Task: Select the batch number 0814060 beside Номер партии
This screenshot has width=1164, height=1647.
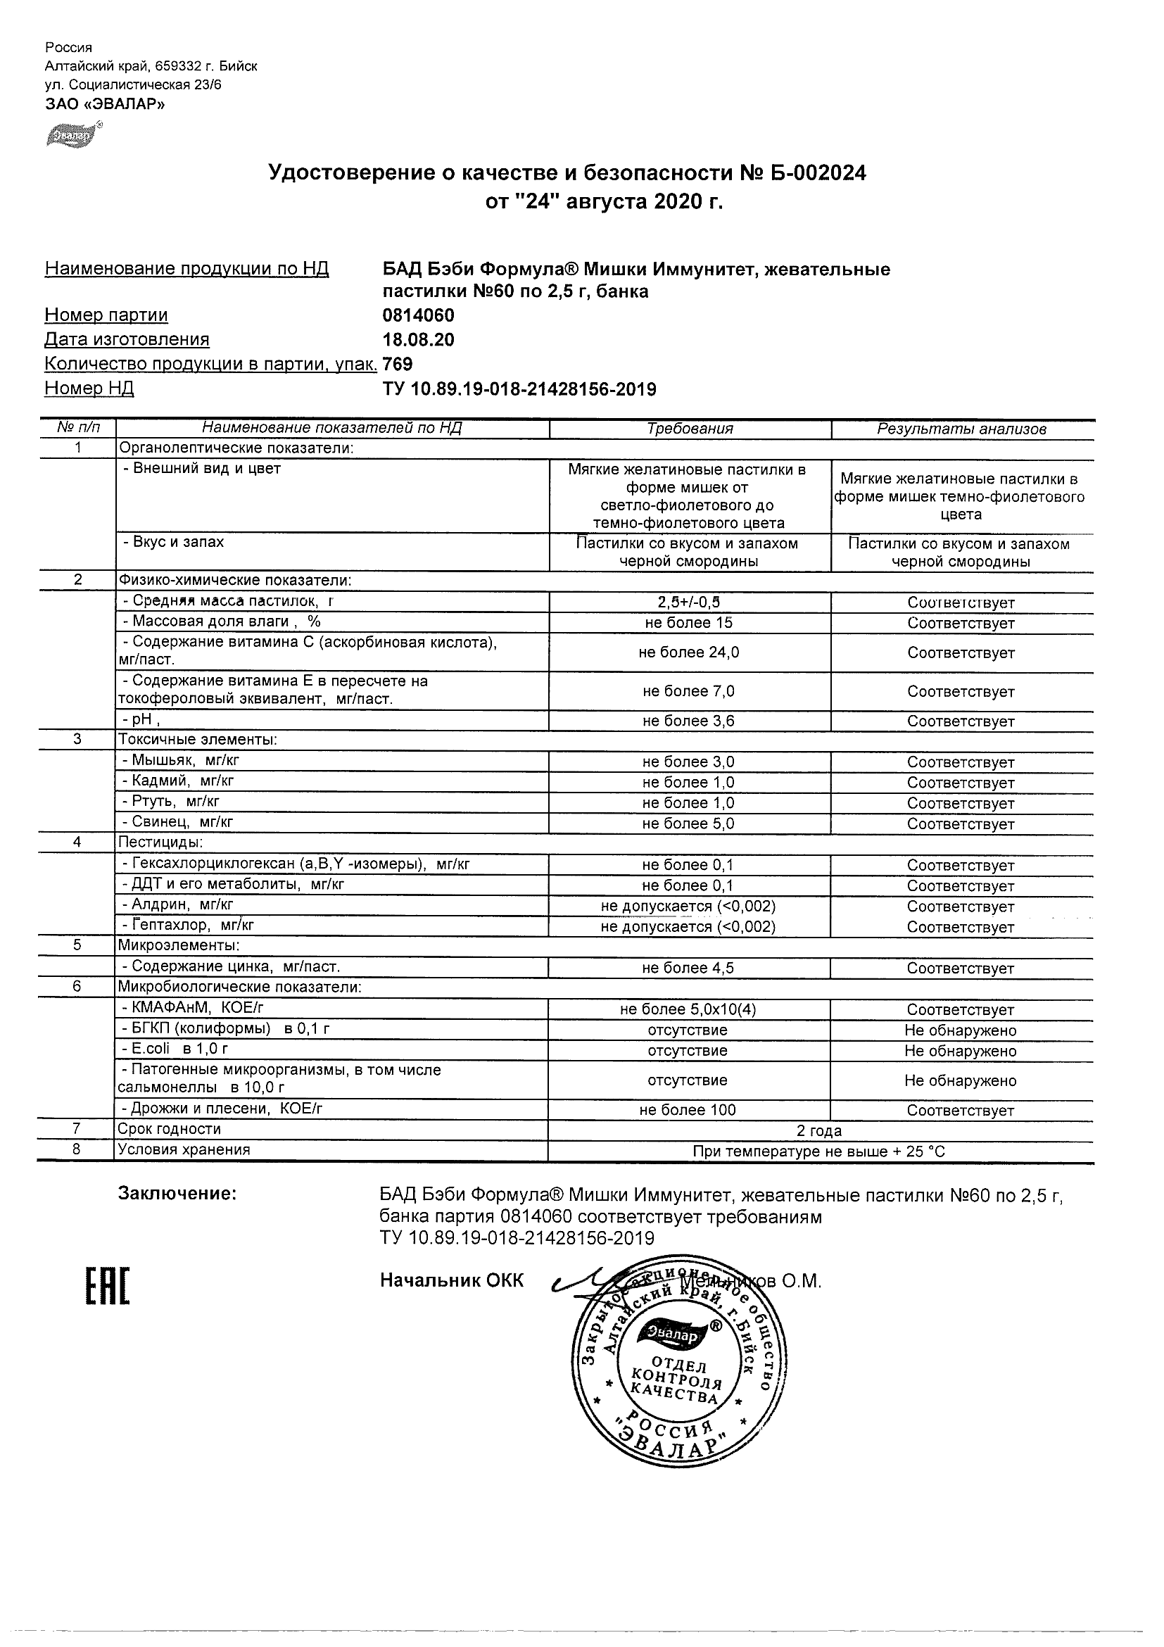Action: point(418,315)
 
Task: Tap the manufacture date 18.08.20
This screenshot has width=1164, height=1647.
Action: point(418,340)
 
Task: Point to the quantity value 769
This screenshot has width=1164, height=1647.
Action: point(398,365)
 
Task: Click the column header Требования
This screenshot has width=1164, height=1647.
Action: point(690,429)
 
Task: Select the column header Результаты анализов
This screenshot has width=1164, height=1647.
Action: point(962,429)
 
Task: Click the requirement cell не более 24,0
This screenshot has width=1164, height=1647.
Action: point(689,652)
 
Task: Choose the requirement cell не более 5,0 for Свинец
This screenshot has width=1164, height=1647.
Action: point(688,824)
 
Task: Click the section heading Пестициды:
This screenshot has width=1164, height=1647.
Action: point(160,842)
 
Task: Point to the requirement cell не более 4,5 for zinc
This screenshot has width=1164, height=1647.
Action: point(688,968)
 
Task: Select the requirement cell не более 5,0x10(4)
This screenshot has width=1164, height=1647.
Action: point(688,1009)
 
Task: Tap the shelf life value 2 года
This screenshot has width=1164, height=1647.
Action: point(819,1131)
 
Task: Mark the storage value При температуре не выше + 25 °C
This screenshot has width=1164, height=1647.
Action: point(819,1152)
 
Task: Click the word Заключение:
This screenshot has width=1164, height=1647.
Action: point(177,1193)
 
